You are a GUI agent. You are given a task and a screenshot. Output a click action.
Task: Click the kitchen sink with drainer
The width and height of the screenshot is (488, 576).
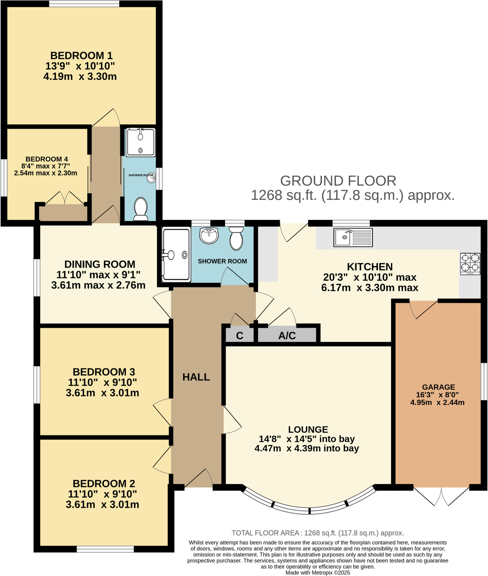click(x=353, y=237)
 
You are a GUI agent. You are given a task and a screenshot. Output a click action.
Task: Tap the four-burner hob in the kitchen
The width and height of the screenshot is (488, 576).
click(x=470, y=264)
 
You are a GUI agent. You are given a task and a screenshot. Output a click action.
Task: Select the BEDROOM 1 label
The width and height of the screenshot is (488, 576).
click(x=81, y=55)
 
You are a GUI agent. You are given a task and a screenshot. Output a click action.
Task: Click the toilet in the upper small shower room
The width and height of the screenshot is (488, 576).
click(x=140, y=209)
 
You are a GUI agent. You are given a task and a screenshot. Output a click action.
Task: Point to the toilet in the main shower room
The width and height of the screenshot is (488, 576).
click(x=236, y=238)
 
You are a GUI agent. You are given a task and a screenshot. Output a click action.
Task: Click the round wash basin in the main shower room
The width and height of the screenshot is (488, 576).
click(x=209, y=235)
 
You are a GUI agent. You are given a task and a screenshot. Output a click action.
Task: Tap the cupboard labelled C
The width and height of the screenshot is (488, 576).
click(x=239, y=336)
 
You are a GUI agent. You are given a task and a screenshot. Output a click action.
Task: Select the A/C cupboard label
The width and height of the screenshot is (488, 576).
click(x=287, y=336)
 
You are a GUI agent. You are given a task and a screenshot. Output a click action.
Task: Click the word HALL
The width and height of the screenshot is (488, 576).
click(x=196, y=377)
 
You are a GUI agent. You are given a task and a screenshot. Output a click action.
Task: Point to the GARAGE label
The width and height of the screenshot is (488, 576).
click(x=438, y=387)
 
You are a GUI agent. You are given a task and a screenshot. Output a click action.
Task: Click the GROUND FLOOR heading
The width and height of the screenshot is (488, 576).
click(x=338, y=181)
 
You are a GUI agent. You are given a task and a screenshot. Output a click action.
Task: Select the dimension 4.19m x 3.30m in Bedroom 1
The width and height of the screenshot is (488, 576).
click(x=80, y=76)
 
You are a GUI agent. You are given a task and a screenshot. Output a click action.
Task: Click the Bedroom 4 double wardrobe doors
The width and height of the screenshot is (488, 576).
click(x=65, y=198)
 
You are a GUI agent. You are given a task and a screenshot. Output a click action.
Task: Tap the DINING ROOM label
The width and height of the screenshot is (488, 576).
click(x=100, y=264)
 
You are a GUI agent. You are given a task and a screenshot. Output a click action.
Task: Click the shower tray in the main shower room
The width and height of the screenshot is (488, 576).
click(x=176, y=255)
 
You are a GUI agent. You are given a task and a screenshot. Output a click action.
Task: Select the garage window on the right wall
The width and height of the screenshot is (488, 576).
click(x=483, y=381)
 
